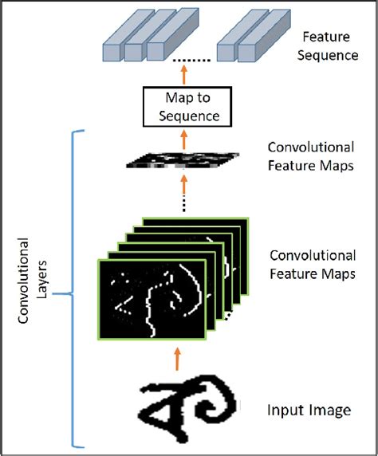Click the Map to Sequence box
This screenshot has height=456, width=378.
tap(186, 106)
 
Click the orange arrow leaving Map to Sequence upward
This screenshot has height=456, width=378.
tap(186, 77)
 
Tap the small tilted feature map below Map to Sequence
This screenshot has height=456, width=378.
tap(184, 160)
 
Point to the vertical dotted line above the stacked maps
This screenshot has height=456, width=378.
tap(185, 195)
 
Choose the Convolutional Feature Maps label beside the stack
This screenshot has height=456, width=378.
tap(312, 265)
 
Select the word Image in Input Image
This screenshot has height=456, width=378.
tap(330, 412)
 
